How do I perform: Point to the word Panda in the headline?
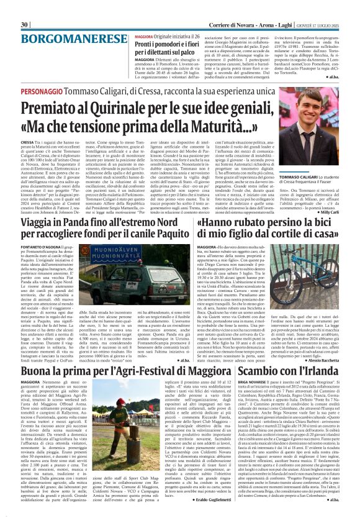[71, 222]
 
